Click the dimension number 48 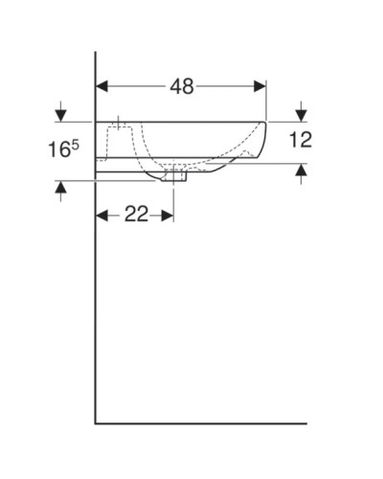pos(181,87)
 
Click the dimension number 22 pos(136,214)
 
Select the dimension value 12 pos(301,140)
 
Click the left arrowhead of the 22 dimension pos(102,214)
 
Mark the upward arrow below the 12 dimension pos(301,172)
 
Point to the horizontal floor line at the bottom pos(201,422)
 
